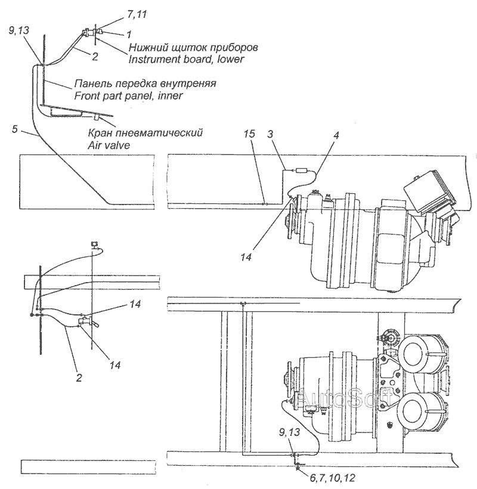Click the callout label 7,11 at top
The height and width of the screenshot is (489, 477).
click(x=137, y=14)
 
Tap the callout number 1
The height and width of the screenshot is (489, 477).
click(x=129, y=35)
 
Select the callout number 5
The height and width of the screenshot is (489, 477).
click(x=15, y=129)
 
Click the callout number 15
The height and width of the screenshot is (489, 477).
click(x=249, y=134)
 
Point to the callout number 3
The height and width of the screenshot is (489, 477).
click(x=270, y=134)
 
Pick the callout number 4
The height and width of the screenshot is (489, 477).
click(x=336, y=135)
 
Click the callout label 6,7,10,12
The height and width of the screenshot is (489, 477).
click(x=332, y=478)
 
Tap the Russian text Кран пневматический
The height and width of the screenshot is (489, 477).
click(x=145, y=133)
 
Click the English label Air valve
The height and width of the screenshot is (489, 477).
click(x=109, y=145)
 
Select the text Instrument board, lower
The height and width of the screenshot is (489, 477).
click(x=186, y=59)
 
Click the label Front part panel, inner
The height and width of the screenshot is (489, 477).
click(x=128, y=95)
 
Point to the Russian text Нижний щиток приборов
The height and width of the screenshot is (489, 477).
click(x=193, y=47)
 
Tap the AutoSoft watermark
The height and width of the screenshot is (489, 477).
click(x=344, y=398)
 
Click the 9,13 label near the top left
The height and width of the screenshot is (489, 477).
click(x=18, y=30)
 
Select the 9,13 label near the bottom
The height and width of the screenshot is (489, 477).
click(x=289, y=432)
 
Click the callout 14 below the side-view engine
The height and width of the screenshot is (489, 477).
click(x=246, y=257)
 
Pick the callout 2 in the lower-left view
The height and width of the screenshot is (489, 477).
click(x=79, y=377)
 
